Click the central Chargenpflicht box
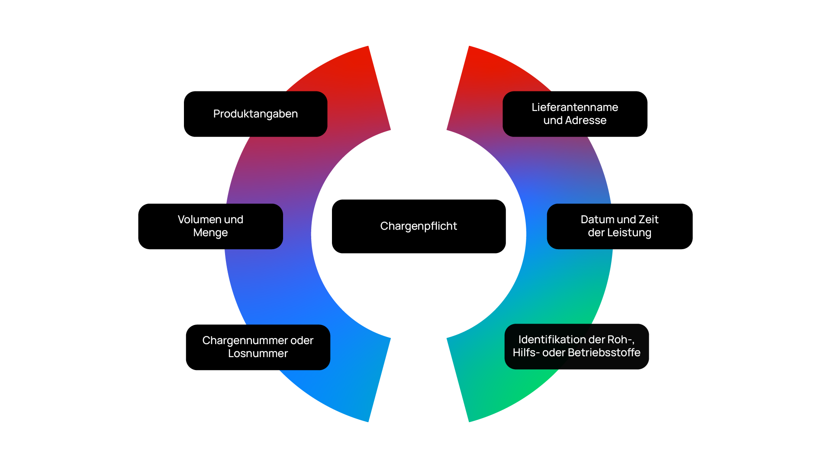[x=419, y=226]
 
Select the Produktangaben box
[x=255, y=114]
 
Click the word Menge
[x=210, y=233]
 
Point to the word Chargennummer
[x=245, y=341]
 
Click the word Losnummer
[x=258, y=354]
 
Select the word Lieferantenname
[x=575, y=107]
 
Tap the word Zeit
[x=648, y=219]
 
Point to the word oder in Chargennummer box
[x=302, y=341]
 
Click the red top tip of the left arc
[x=368, y=46]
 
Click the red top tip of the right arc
[x=470, y=46]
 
